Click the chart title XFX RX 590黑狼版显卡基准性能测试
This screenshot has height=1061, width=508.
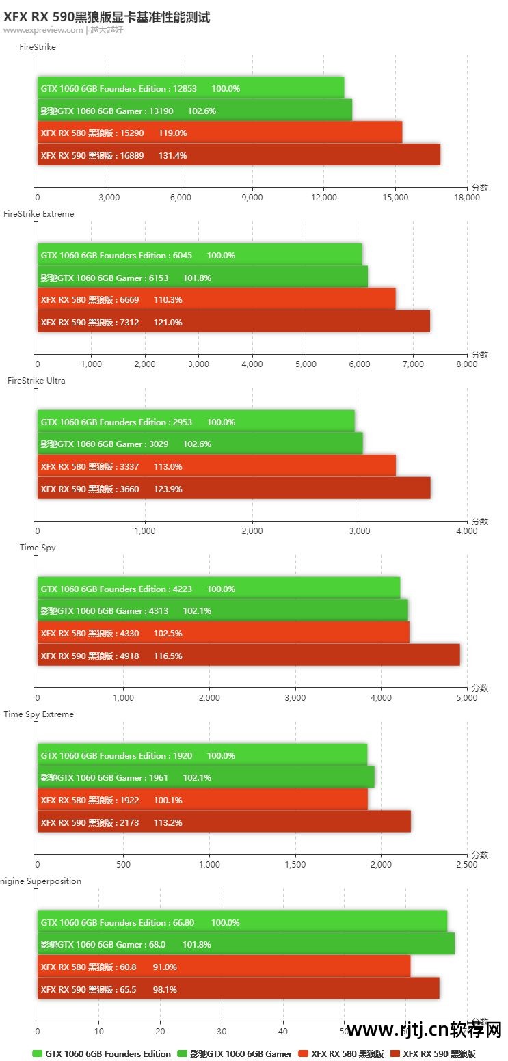[x=107, y=17]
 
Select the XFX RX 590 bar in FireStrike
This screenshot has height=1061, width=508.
[x=239, y=155]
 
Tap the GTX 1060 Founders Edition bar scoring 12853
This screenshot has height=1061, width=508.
[x=191, y=88]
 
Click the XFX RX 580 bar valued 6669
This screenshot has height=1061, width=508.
[x=216, y=299]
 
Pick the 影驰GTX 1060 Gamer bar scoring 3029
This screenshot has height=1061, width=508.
[x=200, y=444]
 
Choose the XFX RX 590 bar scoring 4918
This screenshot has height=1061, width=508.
[x=248, y=656]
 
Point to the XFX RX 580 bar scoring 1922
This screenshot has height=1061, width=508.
[x=202, y=800]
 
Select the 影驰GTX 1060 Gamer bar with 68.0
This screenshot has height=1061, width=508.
[x=245, y=944]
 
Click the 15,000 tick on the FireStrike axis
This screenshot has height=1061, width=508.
[x=395, y=198]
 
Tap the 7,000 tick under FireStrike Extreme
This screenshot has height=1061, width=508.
[x=413, y=364]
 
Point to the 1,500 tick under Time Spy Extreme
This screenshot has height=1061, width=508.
[x=295, y=865]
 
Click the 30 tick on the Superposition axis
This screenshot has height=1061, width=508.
[x=222, y=1032]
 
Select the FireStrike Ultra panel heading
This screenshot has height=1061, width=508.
[x=36, y=381]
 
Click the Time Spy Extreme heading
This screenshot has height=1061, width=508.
[x=39, y=714]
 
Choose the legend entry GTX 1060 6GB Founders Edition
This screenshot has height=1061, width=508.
[x=102, y=1053]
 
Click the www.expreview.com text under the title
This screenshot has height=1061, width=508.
[x=42, y=30]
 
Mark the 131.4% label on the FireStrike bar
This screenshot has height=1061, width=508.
[x=172, y=155]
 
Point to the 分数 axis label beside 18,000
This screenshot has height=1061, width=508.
[x=480, y=187]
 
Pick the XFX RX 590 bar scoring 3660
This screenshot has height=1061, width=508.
[x=234, y=489]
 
